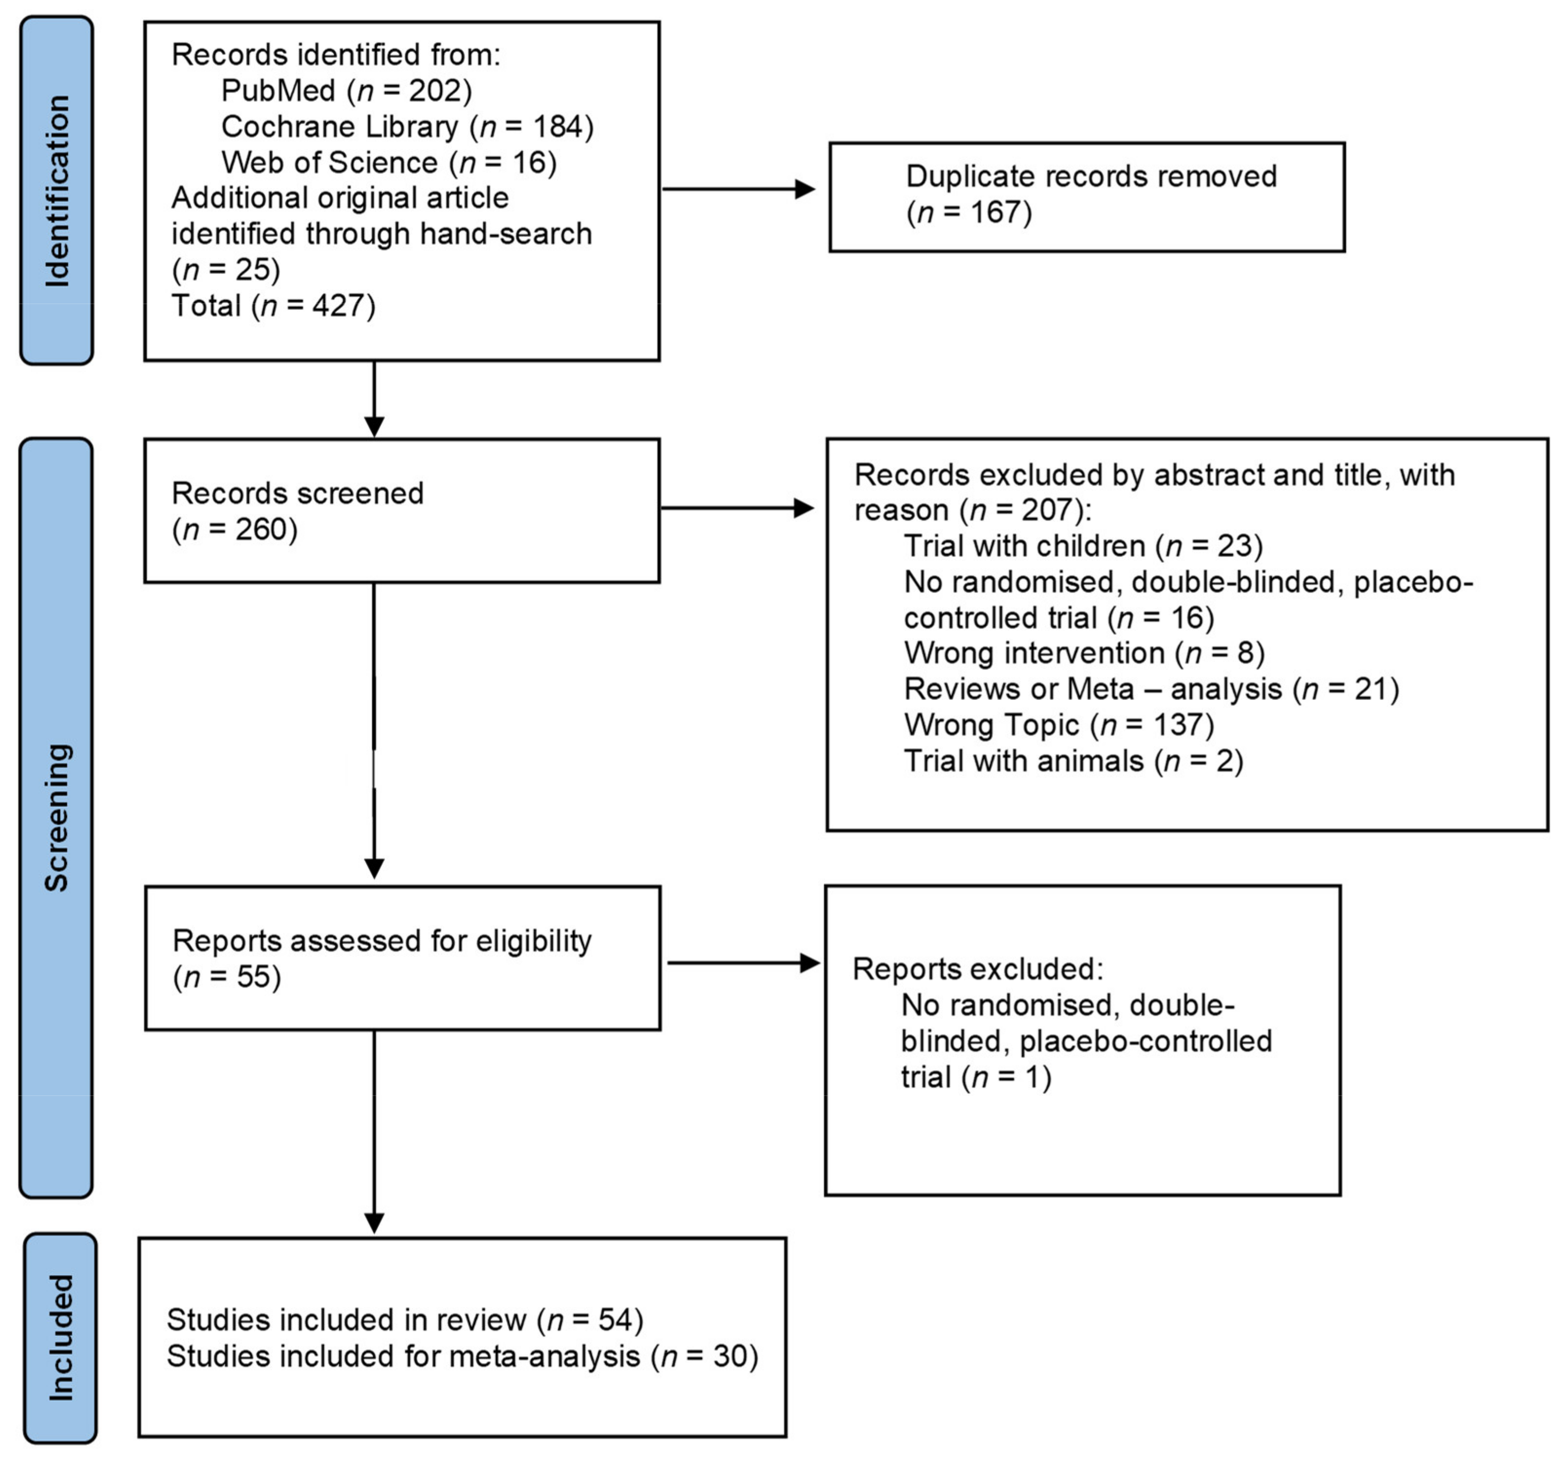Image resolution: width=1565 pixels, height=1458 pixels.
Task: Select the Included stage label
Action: pyautogui.click(x=60, y=1338)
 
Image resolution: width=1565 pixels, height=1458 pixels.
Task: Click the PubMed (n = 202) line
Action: pyautogui.click(x=346, y=91)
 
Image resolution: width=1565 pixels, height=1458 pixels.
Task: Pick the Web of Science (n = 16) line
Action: pyautogui.click(x=389, y=162)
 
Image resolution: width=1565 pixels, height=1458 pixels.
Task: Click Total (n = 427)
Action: pyautogui.click(x=273, y=306)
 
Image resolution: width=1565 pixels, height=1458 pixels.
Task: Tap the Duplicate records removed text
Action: pyautogui.click(x=1090, y=176)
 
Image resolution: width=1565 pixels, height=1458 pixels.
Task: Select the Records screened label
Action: pyautogui.click(x=298, y=494)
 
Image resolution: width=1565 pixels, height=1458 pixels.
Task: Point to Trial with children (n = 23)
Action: pyautogui.click(x=1083, y=546)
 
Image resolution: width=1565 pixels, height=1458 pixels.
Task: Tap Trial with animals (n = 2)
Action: pyautogui.click(x=1072, y=761)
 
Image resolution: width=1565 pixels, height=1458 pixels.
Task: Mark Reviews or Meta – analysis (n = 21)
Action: pyautogui.click(x=1151, y=689)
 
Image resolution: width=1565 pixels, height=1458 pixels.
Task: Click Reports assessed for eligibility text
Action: pyautogui.click(x=382, y=941)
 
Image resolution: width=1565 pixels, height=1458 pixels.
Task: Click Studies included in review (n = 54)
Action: pyautogui.click(x=404, y=1320)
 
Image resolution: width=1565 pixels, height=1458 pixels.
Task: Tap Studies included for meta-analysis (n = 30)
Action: pyautogui.click(x=462, y=1357)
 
